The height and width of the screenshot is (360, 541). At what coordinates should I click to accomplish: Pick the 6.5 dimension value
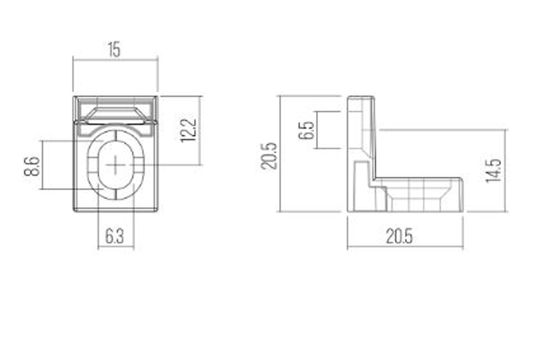[x=306, y=130]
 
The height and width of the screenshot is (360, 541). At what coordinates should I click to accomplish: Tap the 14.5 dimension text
[x=493, y=170]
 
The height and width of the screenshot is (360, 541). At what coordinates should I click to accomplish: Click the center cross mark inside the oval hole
[x=115, y=165]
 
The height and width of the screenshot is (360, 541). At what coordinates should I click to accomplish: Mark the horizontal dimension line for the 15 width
[x=115, y=60]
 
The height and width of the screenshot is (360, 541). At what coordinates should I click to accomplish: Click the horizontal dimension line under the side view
[x=405, y=247]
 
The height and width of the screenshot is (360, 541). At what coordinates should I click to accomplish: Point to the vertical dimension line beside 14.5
[x=506, y=170]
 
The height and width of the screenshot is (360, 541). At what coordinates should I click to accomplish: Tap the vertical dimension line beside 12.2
[x=200, y=130]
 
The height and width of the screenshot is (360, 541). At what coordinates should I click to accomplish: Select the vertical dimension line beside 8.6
[x=43, y=165]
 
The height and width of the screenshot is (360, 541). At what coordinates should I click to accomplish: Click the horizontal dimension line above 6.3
[x=116, y=247]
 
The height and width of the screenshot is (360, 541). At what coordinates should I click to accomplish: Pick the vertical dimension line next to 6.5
[x=315, y=130]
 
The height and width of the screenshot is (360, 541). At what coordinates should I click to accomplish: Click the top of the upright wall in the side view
[x=361, y=97]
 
